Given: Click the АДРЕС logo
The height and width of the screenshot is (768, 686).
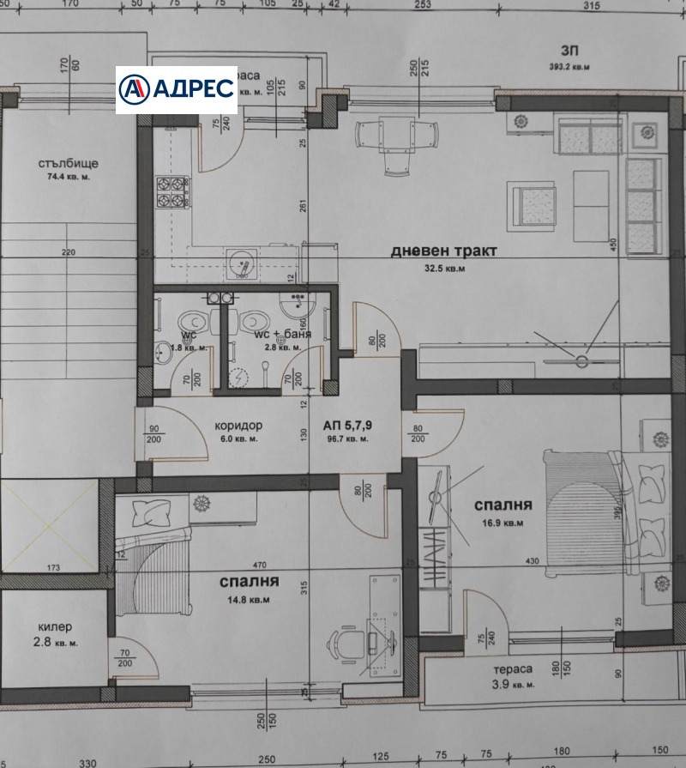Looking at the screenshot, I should click(177, 89).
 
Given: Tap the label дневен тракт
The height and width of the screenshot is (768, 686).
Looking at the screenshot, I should click(432, 251).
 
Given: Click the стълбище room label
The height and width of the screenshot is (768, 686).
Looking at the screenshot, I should click(68, 163).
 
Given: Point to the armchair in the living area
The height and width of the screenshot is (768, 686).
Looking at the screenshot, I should click(532, 204).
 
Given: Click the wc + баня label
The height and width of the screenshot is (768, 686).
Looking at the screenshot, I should click(284, 334).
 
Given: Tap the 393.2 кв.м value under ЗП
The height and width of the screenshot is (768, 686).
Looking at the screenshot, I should click(569, 66).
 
